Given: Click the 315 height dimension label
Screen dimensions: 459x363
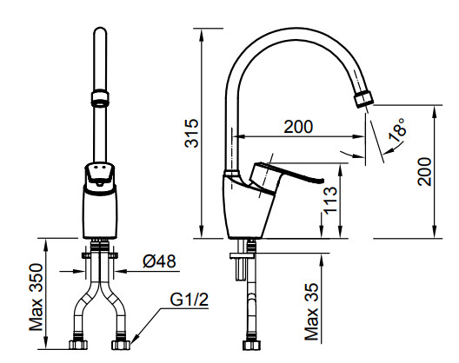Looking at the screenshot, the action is [192, 133].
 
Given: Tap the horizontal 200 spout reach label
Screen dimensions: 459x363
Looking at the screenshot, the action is [298, 127].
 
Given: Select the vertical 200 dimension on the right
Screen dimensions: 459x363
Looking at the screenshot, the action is [425, 171].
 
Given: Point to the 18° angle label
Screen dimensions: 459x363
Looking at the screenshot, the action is [397, 130].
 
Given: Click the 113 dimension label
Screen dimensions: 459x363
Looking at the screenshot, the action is [330, 201].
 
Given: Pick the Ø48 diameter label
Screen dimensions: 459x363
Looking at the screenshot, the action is [160, 261].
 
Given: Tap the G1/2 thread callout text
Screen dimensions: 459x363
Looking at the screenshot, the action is [190, 300].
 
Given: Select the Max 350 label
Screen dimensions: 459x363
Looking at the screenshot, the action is [37, 297].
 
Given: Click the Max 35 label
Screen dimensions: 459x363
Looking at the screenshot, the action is [311, 312].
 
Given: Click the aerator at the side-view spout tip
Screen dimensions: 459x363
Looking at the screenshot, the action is [363, 99].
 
